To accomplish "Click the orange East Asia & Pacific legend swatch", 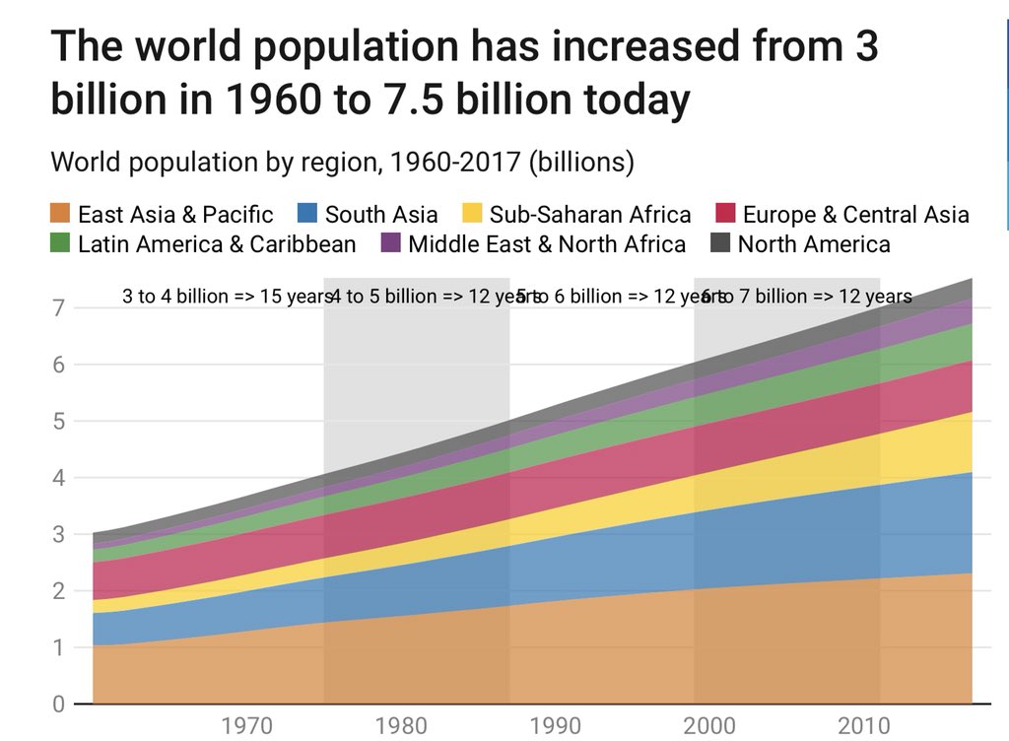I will click(x=61, y=215).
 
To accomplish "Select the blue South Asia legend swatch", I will click(x=308, y=215).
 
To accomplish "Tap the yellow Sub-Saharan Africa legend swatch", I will click(x=473, y=215).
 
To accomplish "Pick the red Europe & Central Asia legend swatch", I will click(x=725, y=215).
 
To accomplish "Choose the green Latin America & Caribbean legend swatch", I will click(x=61, y=243).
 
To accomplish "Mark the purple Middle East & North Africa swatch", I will click(x=391, y=243).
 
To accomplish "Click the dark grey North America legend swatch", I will click(x=720, y=243).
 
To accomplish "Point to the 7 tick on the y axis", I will click(x=58, y=308).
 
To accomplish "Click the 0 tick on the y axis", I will click(x=58, y=705).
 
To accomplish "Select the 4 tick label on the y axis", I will click(x=58, y=478).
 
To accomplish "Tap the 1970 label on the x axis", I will click(x=247, y=727).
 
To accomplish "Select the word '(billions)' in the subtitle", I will click(x=581, y=162).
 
